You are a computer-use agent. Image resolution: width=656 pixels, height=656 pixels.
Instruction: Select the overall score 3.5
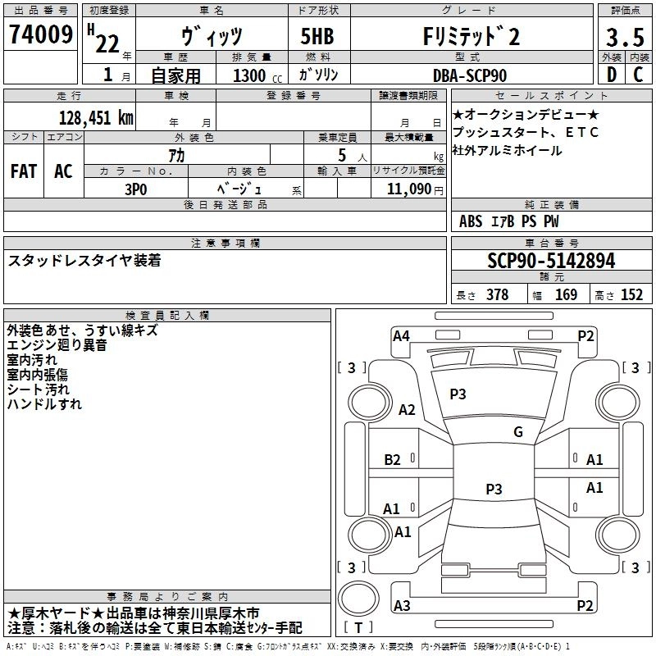click(625, 39)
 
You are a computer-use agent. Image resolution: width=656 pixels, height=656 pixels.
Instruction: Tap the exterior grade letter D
click(611, 75)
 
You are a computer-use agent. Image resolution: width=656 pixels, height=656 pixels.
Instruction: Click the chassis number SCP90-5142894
click(551, 262)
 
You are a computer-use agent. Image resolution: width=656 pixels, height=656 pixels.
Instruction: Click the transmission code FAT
click(23, 171)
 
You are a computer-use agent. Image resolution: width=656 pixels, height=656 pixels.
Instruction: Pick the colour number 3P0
click(136, 189)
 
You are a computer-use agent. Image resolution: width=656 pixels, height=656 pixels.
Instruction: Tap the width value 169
click(566, 295)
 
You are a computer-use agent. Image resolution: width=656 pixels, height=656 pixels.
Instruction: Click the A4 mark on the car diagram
click(401, 335)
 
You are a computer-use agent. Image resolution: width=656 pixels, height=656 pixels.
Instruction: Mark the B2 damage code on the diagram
click(393, 459)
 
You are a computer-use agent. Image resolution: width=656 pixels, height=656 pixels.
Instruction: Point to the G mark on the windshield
click(518, 432)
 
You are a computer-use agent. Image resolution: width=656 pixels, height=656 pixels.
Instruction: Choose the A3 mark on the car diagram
click(402, 606)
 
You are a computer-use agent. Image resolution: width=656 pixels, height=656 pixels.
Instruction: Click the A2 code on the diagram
click(406, 410)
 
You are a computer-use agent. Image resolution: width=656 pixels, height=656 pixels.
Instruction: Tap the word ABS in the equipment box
click(471, 221)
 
